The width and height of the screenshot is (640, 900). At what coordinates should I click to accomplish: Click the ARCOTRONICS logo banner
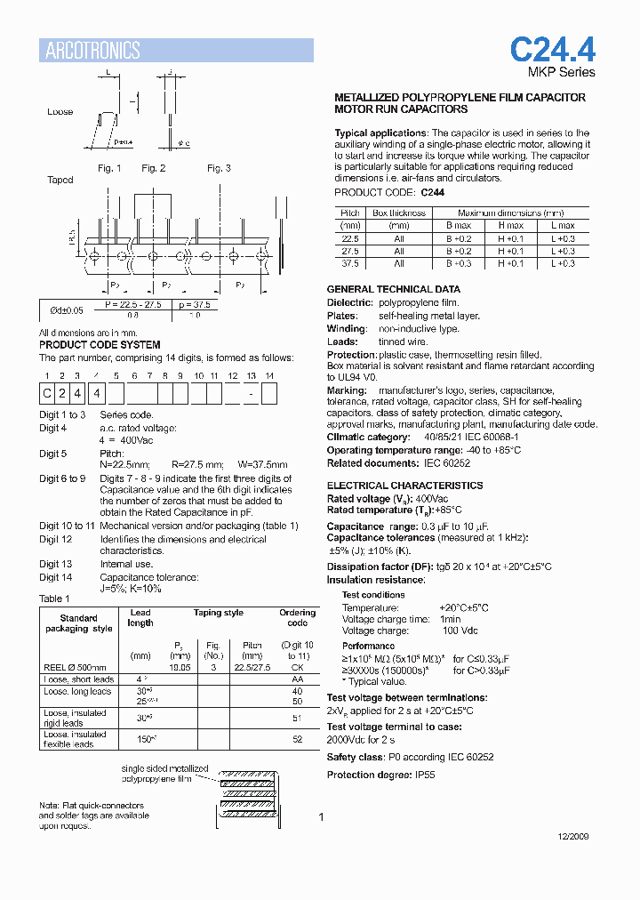pyautogui.click(x=175, y=51)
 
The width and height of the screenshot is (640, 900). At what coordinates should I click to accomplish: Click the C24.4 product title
pyautogui.click(x=551, y=49)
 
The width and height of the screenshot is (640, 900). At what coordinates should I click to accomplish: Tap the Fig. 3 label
pyautogui.click(x=219, y=168)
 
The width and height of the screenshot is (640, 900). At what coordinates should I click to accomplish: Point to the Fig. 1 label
pyautogui.click(x=109, y=168)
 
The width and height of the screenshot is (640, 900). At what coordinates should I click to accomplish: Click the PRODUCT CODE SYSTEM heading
pyautogui.click(x=100, y=344)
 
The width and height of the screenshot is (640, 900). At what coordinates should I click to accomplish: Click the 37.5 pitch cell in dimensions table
pyautogui.click(x=349, y=263)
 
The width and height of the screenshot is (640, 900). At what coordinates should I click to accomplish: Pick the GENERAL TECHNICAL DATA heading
pyautogui.click(x=393, y=289)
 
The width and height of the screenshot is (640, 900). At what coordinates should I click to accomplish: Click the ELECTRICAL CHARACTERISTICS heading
pyautogui.click(x=404, y=486)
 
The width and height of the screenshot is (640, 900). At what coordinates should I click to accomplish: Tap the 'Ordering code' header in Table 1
pyautogui.click(x=297, y=617)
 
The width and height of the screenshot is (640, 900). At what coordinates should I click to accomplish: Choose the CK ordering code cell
pyautogui.click(x=297, y=667)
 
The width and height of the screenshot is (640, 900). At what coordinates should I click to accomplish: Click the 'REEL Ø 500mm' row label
pyautogui.click(x=75, y=667)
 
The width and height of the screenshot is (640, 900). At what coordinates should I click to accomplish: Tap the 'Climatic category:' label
pyautogui.click(x=368, y=438)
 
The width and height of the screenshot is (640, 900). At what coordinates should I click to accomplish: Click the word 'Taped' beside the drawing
pyautogui.click(x=60, y=180)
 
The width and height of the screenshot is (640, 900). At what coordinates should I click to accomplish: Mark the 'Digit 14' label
pyautogui.click(x=55, y=578)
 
